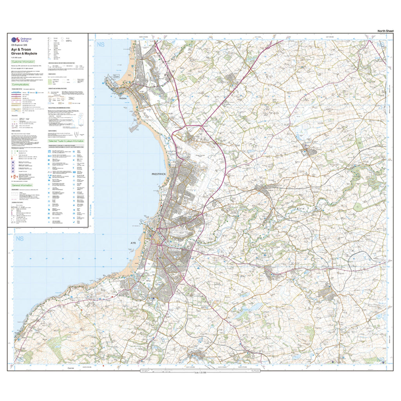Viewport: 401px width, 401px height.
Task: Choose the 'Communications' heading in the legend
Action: [21, 84]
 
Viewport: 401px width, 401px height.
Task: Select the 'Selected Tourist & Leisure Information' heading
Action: [66, 141]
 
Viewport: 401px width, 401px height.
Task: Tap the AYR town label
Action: [132, 243]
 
